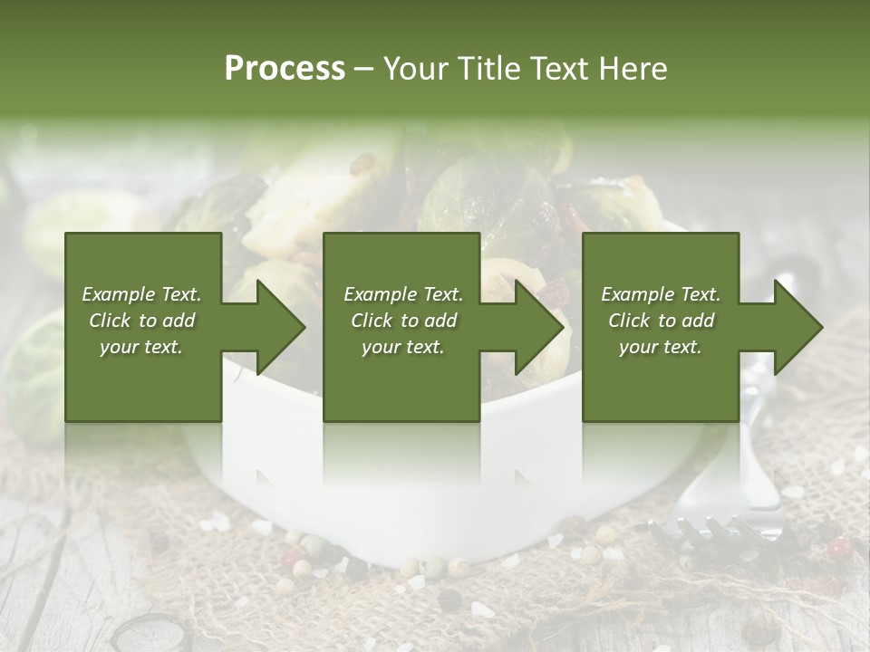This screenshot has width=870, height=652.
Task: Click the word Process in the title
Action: (x=285, y=68)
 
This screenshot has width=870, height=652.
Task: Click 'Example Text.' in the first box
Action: (x=142, y=294)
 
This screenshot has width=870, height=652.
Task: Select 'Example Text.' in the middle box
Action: (x=403, y=294)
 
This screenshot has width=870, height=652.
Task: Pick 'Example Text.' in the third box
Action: (x=661, y=294)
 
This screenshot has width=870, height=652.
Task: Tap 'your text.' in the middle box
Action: (x=403, y=347)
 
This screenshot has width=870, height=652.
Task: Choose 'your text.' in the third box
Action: (x=661, y=347)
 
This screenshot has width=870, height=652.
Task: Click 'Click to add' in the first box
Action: (x=142, y=321)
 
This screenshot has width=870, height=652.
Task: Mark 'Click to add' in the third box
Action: (x=661, y=321)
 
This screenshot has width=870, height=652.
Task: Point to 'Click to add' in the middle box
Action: (x=403, y=321)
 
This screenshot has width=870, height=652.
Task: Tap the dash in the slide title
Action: (x=364, y=69)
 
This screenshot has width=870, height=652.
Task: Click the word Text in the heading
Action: (x=558, y=68)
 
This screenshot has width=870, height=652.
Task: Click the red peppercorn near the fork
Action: (x=839, y=546)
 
